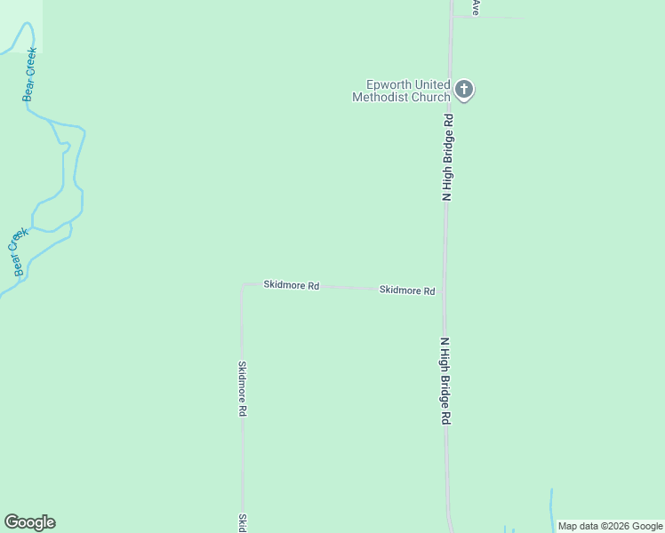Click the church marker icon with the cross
pyautogui.click(x=464, y=89)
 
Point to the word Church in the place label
pyautogui.click(x=429, y=98)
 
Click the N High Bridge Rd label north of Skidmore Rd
pyautogui.click(x=449, y=156)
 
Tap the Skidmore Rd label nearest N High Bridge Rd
pyautogui.click(x=406, y=290)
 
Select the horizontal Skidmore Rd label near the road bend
pyautogui.click(x=291, y=285)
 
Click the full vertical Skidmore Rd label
pyautogui.click(x=242, y=388)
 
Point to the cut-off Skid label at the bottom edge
pyautogui.click(x=242, y=522)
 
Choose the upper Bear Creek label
pyautogui.click(x=30, y=74)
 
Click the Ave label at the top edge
pyautogui.click(x=477, y=7)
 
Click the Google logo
pyautogui.click(x=29, y=522)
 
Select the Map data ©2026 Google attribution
pyautogui.click(x=610, y=526)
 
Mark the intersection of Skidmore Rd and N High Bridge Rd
pyautogui.click(x=445, y=290)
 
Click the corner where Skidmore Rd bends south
pyautogui.click(x=243, y=285)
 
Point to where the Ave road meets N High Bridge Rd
pyautogui.click(x=452, y=16)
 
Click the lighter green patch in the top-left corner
pyautogui.click(x=20, y=23)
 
